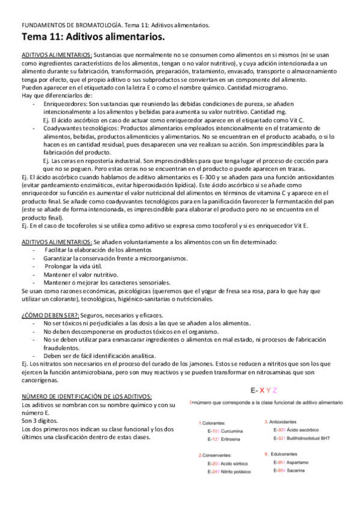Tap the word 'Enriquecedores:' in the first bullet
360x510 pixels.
click(65, 103)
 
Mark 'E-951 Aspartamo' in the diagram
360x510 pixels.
click(291, 462)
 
